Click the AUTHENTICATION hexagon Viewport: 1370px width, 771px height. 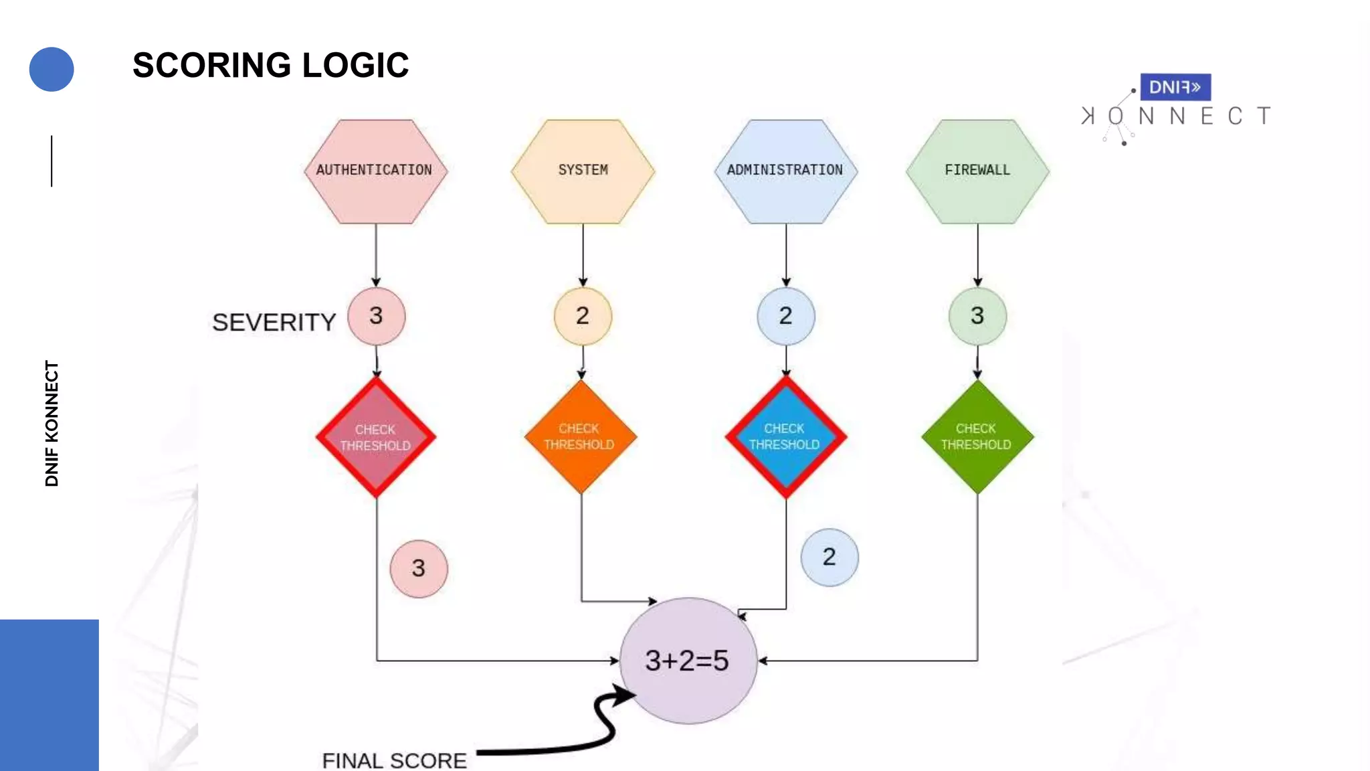[375, 171]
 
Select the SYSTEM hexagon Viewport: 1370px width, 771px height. [583, 171]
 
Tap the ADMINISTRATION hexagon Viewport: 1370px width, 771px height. [785, 171]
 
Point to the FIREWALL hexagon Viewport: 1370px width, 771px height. [977, 171]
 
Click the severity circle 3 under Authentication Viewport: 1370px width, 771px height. [376, 316]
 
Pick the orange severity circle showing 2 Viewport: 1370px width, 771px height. [583, 316]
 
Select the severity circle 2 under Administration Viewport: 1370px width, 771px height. [786, 316]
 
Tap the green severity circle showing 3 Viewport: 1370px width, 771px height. [977, 316]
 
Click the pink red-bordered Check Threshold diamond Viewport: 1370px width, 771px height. [376, 438]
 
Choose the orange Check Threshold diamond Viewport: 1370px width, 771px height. [580, 437]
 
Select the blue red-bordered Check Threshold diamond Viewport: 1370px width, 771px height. [785, 437]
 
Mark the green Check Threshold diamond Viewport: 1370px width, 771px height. [977, 437]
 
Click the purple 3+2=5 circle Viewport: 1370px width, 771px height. [688, 661]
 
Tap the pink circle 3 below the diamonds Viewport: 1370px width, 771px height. [419, 568]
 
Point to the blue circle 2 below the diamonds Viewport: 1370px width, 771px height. [829, 557]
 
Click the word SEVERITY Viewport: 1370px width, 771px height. [274, 323]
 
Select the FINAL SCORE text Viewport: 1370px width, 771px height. [394, 760]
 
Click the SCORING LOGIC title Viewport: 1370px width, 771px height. [270, 65]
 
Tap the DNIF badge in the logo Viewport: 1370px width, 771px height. [1175, 87]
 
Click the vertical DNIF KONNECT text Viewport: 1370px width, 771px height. [52, 423]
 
